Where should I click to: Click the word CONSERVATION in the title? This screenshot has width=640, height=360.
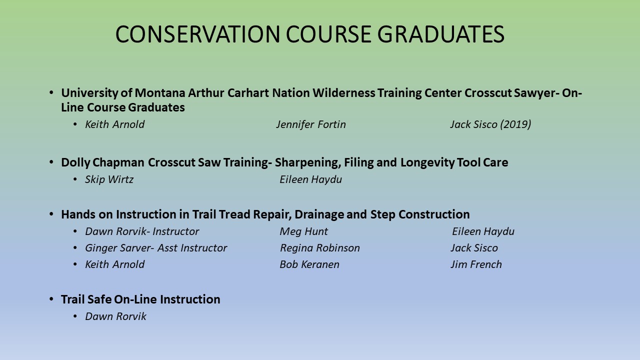[197, 34]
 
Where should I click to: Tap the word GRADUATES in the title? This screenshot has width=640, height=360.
[440, 34]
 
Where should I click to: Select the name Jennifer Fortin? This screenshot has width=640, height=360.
[311, 124]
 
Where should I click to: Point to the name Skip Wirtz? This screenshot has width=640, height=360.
[109, 179]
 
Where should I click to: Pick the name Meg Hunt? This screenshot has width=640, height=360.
[303, 231]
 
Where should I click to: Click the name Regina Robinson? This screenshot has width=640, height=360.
[320, 248]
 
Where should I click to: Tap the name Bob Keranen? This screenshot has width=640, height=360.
[309, 264]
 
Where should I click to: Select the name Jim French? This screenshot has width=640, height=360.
[476, 264]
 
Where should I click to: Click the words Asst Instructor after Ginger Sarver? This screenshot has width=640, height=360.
[192, 248]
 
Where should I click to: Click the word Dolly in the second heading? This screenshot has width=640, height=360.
[75, 162]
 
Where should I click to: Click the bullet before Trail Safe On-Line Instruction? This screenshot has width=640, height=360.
[51, 299]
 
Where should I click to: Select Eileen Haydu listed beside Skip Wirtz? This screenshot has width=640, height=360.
[310, 179]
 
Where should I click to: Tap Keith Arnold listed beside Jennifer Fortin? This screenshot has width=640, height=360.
[115, 124]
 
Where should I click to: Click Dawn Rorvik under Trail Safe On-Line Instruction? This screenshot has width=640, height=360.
[115, 316]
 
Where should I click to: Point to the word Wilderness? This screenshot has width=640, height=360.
[343, 93]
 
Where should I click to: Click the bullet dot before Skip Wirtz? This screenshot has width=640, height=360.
[75, 179]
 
